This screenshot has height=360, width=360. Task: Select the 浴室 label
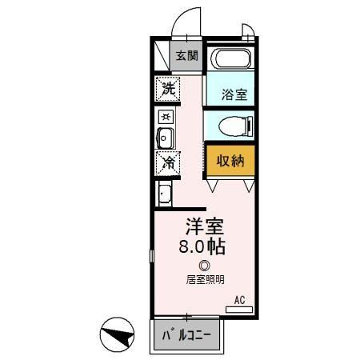234,94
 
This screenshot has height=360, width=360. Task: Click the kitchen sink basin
165,138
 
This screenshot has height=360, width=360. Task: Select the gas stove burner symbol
165,116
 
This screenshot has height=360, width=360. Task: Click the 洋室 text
203,226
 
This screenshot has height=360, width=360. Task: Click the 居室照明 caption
206,279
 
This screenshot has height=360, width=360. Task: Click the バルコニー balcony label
184,334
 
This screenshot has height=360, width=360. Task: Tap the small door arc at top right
248,32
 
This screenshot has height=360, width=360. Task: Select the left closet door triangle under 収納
213,186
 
